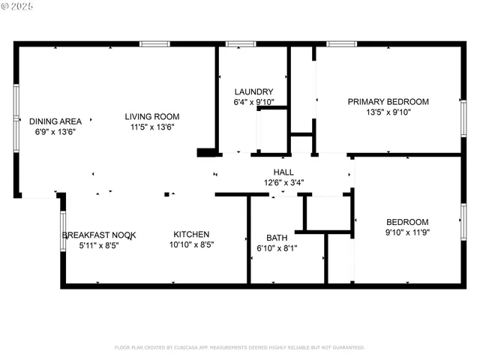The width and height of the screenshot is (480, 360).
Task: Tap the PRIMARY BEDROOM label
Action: [388, 102]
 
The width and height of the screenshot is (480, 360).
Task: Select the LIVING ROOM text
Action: [151, 116]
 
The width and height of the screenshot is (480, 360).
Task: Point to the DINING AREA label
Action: [55, 121]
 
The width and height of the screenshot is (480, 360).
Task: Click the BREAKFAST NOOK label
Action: [99, 235]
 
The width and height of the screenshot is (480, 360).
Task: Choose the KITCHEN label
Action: [191, 234]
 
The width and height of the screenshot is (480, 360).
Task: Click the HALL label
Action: [283, 172]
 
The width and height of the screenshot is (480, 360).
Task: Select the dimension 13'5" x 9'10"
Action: [388, 112]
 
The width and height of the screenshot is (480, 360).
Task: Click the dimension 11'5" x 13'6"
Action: [151, 127]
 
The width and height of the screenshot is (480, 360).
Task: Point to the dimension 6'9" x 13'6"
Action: [55, 131]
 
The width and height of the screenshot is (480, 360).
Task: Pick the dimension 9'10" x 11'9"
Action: [406, 232]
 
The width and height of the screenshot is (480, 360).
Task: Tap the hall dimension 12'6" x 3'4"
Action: [283, 181]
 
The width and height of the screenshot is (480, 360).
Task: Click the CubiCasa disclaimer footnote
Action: [239, 347]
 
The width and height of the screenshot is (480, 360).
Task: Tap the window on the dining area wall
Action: [16, 118]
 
